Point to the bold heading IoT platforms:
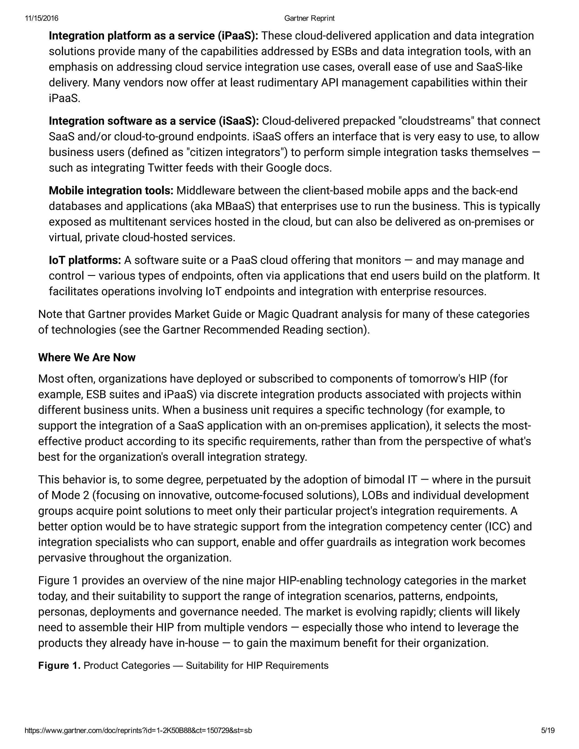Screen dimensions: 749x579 (x=85, y=260)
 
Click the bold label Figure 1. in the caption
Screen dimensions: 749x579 (x=59, y=666)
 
